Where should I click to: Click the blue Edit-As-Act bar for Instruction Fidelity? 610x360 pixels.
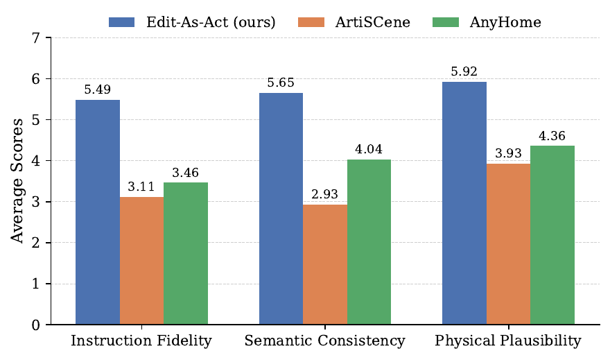[98, 212]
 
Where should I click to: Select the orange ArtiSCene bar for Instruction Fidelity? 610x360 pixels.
[141, 261]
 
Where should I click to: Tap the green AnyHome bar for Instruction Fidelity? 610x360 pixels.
[186, 254]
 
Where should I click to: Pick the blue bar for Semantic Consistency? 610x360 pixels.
[281, 209]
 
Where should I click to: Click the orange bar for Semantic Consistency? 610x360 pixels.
[324, 264]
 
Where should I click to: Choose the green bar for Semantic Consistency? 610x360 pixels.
[369, 242]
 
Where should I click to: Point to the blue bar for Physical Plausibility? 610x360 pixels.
[464, 203]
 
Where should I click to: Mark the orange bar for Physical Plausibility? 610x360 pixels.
[508, 244]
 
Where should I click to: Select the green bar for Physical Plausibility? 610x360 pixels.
[552, 235]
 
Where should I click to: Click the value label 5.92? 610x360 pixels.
[464, 72]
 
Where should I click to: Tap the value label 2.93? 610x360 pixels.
[324, 195]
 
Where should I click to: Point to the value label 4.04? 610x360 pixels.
[369, 149]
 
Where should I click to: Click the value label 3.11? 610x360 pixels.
[141, 187]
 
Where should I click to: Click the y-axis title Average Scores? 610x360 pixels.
[17, 180]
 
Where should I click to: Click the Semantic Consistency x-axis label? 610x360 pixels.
[324, 341]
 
